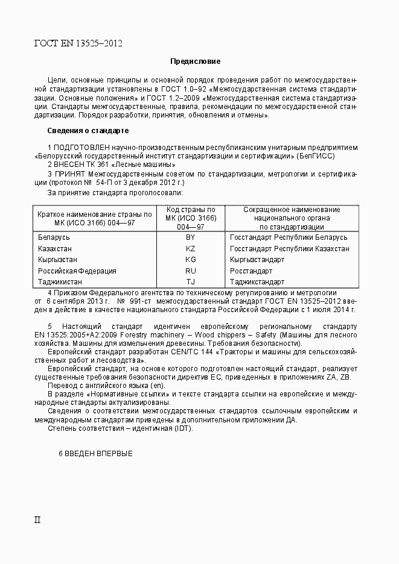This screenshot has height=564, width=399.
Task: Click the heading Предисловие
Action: tap(195, 61)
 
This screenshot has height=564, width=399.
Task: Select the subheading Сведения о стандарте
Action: tap(88, 131)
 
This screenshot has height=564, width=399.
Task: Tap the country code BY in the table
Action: tap(191, 237)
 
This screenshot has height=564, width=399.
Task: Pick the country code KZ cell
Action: tap(191, 249)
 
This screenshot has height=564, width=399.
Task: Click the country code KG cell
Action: tap(191, 260)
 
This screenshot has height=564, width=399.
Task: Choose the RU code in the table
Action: tap(191, 271)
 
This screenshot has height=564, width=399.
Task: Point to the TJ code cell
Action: tap(191, 282)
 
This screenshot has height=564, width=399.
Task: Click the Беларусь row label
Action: tap(54, 237)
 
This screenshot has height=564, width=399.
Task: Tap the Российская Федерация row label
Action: tap(77, 271)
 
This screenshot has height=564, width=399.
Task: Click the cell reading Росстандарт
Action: tap(251, 271)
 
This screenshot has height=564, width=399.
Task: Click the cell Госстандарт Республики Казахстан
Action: tap(289, 249)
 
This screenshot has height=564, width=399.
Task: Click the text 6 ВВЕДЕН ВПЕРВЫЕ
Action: tap(95, 453)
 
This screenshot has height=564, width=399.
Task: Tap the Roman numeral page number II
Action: tap(37, 519)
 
